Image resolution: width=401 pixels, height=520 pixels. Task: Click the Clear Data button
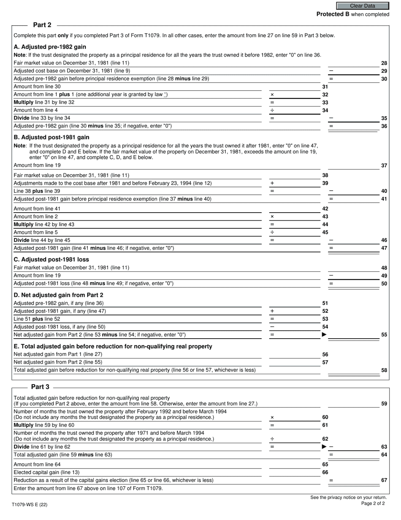point(362,6)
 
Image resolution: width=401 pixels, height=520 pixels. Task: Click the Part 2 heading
point(42,25)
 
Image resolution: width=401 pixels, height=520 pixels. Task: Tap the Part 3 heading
point(40,386)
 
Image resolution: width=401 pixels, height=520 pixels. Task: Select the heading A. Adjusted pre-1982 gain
point(50,47)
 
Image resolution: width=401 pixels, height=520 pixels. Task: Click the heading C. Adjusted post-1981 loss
point(51,260)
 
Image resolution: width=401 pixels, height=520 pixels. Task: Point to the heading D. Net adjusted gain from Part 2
point(58,295)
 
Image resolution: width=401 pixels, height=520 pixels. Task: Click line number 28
point(384,63)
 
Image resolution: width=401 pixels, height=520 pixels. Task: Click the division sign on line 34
point(272,110)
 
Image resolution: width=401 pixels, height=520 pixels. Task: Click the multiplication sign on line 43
point(272,216)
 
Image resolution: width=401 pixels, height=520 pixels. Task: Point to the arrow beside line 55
point(324,334)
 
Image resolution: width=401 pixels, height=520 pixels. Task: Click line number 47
point(384,248)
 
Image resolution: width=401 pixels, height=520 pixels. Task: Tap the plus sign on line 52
point(272,311)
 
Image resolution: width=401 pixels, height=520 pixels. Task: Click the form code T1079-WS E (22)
point(30,505)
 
